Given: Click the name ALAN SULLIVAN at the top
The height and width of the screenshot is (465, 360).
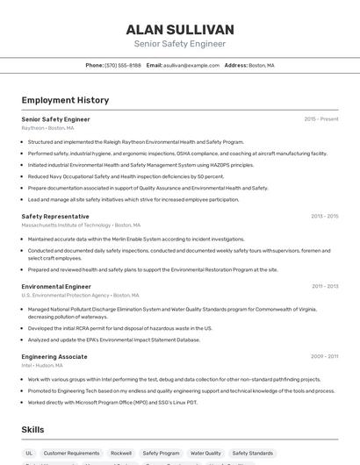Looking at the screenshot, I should (180, 30).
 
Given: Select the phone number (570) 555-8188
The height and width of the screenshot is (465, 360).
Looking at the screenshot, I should (123, 65).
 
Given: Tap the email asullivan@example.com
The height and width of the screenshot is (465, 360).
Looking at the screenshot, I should (191, 65).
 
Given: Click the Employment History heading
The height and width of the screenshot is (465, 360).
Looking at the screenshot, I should (65, 100).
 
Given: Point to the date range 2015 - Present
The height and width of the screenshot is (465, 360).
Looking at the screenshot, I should (321, 119).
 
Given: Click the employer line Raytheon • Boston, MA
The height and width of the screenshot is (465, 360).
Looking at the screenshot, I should (47, 128).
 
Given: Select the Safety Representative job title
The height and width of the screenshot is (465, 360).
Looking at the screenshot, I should (55, 216).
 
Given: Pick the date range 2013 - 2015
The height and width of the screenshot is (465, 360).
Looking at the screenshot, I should (324, 216).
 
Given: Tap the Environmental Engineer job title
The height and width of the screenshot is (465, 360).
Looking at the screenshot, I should (56, 286).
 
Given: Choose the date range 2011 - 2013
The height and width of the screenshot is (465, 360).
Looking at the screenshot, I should (324, 286).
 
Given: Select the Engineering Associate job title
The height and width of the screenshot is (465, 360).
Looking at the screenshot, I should (54, 356).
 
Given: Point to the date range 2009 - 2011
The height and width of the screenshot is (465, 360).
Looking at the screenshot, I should (324, 356).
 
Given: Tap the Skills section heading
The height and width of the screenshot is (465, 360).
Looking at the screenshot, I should (32, 429).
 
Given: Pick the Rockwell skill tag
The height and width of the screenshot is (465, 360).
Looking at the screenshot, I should (121, 454).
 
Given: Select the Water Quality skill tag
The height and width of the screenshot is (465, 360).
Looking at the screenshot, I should (205, 454).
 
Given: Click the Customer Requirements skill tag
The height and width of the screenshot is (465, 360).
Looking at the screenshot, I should (72, 454).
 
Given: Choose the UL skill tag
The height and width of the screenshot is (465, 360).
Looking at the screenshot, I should (29, 454).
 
